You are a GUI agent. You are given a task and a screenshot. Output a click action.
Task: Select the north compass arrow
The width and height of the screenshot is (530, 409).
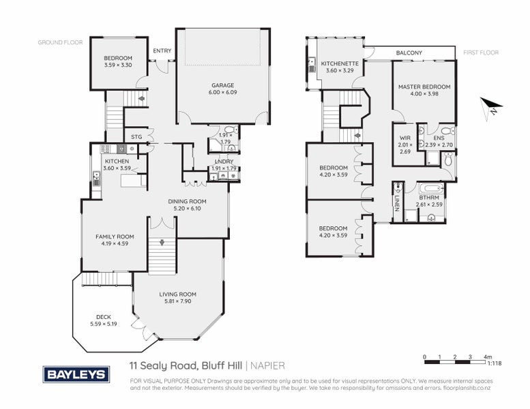click(490, 108)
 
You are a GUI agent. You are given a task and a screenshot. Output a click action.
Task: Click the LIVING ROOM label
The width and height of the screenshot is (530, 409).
click(177, 294)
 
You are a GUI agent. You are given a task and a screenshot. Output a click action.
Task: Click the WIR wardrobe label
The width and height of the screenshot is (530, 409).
click(404, 138)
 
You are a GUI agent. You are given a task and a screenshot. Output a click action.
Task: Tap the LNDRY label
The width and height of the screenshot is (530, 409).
click(223, 161)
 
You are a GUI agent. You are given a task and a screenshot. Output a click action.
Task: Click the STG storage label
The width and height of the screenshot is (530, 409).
click(136, 136)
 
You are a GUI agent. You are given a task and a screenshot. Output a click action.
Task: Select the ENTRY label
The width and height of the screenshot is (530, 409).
click(162, 50)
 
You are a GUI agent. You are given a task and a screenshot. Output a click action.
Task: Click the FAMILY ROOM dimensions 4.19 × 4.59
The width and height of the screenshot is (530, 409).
click(115, 244)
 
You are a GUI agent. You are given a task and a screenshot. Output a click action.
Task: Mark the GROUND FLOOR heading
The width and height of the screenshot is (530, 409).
click(60, 42)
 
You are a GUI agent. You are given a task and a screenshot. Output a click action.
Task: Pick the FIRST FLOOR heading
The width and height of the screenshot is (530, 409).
click(481, 52)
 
